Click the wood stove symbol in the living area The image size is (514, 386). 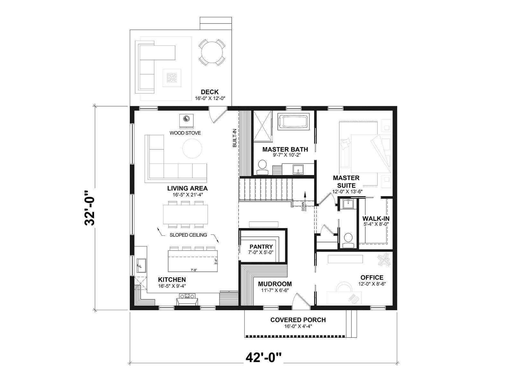(x=186, y=121)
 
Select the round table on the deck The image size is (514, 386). (x=212, y=52)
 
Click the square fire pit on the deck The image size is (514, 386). (x=172, y=78)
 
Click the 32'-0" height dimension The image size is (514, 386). (x=90, y=208)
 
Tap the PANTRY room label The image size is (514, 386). (x=261, y=246)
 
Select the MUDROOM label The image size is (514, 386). (x=275, y=284)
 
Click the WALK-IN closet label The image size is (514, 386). (x=376, y=218)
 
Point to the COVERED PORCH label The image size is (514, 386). (x=298, y=320)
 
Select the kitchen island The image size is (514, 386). (x=193, y=261)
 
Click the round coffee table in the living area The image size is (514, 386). (x=192, y=149)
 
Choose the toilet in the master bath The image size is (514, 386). (x=262, y=167)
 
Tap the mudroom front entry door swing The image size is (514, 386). (x=301, y=299)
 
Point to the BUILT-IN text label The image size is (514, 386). (x=235, y=138)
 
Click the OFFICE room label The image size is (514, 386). (x=372, y=278)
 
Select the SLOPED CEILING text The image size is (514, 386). (x=188, y=235)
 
